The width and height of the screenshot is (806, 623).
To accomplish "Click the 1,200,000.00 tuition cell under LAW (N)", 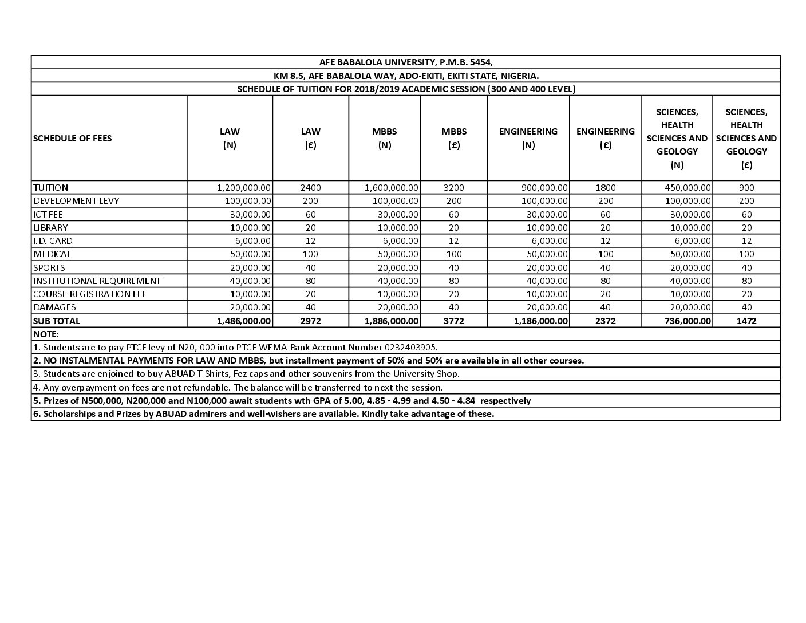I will [244, 188].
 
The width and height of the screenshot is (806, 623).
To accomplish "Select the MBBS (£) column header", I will [454, 138].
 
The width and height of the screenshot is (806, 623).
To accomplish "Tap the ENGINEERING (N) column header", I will [528, 138].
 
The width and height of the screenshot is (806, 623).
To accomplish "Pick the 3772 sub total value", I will [454, 321].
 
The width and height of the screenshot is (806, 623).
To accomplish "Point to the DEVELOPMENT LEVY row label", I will [76, 201].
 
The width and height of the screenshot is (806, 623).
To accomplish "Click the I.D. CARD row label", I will [53, 241].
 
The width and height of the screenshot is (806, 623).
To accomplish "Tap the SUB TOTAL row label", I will [57, 321].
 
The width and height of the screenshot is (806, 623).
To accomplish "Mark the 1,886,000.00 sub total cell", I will [392, 321].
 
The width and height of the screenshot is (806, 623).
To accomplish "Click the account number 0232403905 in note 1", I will [412, 348].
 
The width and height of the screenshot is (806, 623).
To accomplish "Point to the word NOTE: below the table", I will [46, 334].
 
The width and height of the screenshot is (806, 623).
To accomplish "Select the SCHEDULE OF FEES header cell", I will [73, 138].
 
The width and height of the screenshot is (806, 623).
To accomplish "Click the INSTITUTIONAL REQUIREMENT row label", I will [97, 281].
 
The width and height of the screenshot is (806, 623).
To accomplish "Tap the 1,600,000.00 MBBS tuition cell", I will [392, 188].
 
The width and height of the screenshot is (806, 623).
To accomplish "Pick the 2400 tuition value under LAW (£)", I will [311, 188].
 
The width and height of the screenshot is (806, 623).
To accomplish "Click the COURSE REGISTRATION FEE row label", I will [90, 294].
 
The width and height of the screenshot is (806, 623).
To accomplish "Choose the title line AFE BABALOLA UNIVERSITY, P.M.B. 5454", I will [406, 62].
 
